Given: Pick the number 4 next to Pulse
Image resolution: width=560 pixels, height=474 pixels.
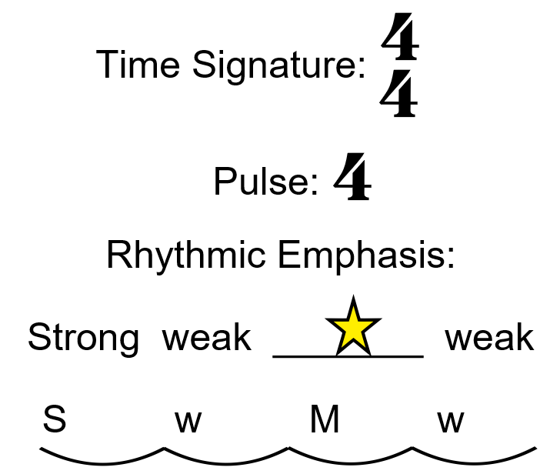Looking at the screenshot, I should (x=352, y=178).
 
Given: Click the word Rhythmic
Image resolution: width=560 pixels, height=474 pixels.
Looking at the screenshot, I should (x=188, y=255).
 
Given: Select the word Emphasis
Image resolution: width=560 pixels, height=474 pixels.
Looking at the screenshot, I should (x=366, y=255).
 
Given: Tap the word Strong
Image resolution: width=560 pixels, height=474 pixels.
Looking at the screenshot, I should (x=83, y=338).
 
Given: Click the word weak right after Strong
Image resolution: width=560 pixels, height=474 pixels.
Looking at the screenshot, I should (x=206, y=338).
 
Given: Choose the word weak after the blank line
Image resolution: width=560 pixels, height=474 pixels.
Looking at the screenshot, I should (x=489, y=338).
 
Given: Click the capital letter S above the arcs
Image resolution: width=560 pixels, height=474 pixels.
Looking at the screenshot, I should (x=54, y=421).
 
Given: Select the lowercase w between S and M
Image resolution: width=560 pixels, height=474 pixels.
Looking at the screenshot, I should (x=188, y=422).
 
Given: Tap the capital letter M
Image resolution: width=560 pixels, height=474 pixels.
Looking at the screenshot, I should (x=325, y=421).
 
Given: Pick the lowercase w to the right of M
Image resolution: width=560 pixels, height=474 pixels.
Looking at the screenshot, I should (x=451, y=422).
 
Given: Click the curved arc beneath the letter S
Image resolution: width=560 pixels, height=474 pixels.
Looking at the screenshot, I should (x=102, y=460).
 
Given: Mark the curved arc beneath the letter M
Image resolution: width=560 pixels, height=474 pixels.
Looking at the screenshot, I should (x=351, y=460).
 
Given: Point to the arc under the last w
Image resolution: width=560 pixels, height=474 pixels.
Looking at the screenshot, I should (x=474, y=460).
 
